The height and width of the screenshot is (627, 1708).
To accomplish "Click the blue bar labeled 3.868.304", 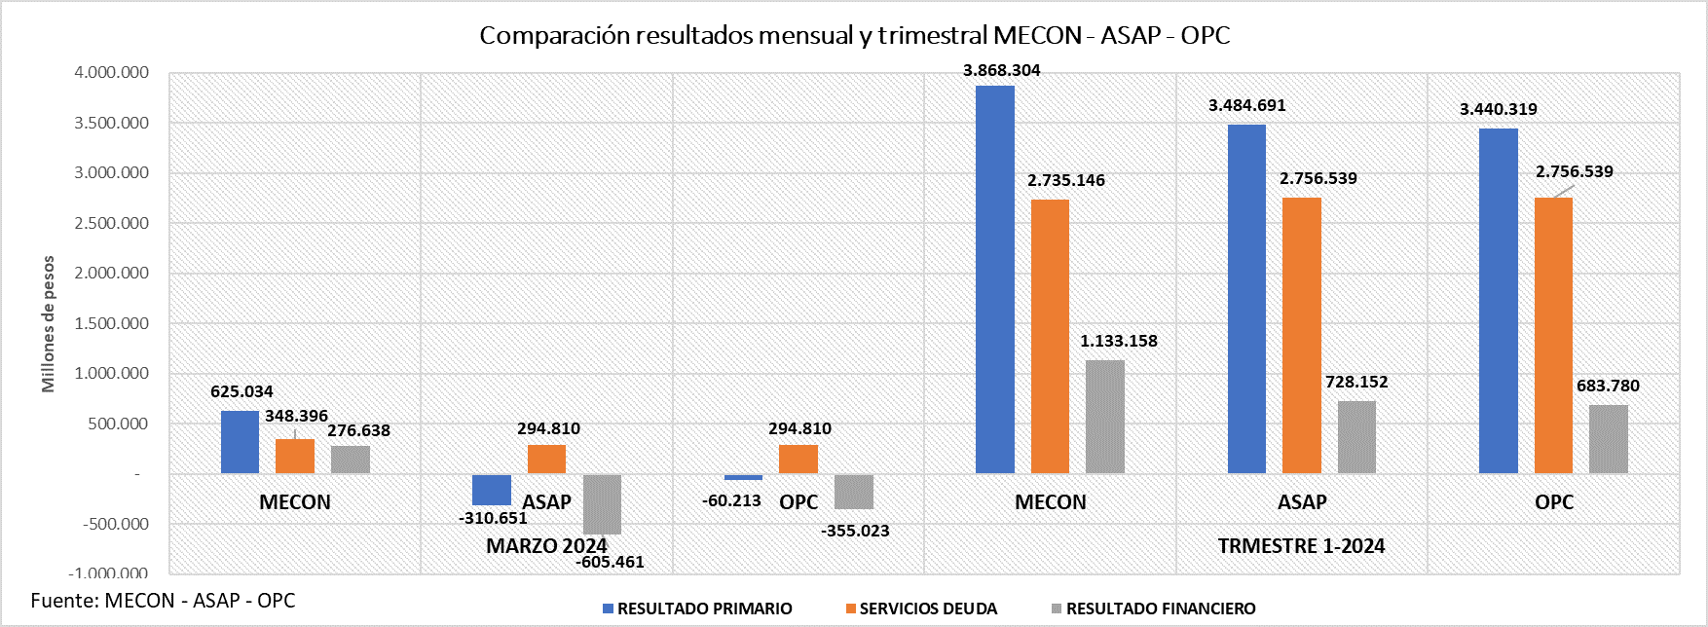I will tap(994, 279).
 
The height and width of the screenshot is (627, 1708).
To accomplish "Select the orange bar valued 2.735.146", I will tap(1050, 336).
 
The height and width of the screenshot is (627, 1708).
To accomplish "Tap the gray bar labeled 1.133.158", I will tap(1104, 417).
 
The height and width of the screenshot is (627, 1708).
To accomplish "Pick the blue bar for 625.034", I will tap(240, 442).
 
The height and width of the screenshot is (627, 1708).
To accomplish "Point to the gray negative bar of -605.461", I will tap(602, 504).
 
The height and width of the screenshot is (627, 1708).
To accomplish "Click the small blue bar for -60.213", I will tap(743, 477).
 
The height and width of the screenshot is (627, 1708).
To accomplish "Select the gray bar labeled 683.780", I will tap(1608, 439).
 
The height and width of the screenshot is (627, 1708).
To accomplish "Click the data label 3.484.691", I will tap(1246, 105).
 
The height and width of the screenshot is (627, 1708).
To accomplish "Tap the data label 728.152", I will tap(1355, 382).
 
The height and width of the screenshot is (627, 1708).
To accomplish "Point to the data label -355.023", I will tap(855, 531).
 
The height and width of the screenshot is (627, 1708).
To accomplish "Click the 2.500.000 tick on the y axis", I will tap(111, 223).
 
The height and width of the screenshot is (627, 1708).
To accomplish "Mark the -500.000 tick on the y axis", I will tap(115, 524).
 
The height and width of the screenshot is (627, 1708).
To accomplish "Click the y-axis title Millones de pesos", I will tap(48, 324).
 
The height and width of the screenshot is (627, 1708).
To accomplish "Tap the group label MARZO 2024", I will tap(546, 545).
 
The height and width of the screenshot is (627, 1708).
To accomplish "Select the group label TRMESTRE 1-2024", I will tap(1301, 545).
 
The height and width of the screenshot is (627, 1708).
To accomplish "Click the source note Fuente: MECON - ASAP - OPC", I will tap(163, 600).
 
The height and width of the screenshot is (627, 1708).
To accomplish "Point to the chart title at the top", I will tap(854, 35).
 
